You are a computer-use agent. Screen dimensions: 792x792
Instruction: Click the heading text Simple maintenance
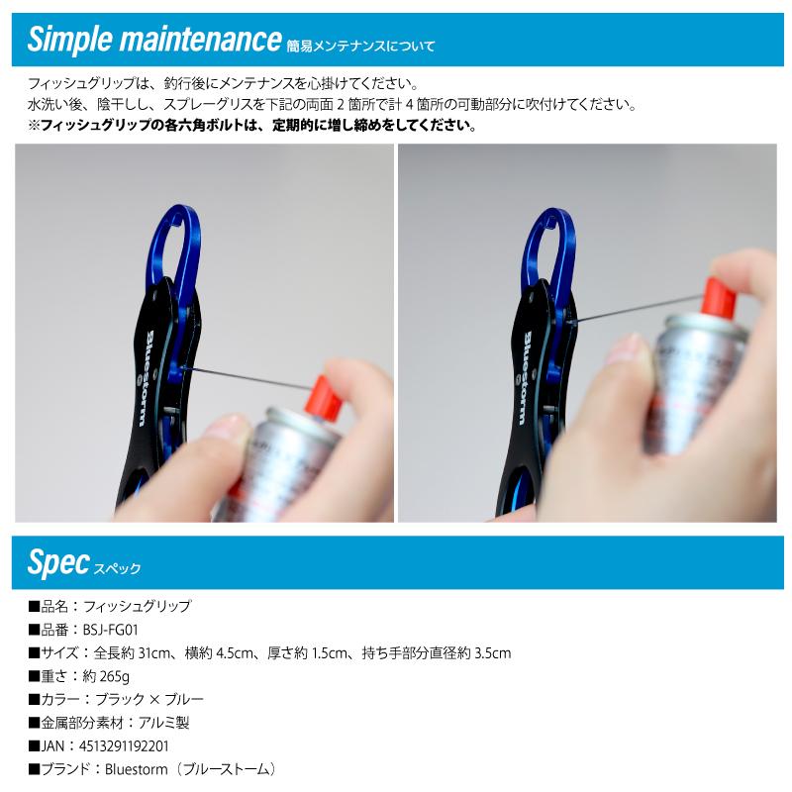154,40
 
